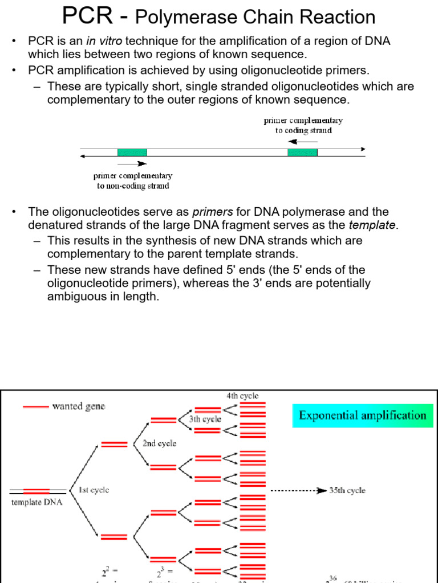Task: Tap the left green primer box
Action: pos(132,152)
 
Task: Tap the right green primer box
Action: pos(302,152)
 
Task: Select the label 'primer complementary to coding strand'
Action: pos(303,125)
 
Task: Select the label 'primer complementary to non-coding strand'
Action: pos(133,181)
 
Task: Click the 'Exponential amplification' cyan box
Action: pos(362,415)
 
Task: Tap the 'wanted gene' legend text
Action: pos(79,406)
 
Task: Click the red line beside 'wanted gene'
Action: pos(35,407)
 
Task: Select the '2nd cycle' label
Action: pos(156,443)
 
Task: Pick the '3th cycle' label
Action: pos(205,418)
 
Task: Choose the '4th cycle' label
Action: pos(242,396)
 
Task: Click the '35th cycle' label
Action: pos(348,490)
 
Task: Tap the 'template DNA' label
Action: pos(37,502)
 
